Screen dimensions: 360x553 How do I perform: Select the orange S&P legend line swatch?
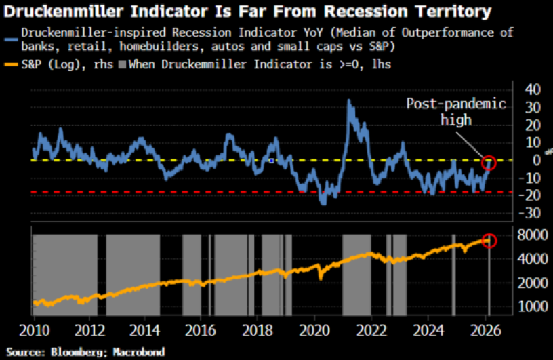(10, 64)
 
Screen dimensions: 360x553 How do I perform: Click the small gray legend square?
(123, 64)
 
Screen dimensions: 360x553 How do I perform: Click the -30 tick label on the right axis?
(529, 213)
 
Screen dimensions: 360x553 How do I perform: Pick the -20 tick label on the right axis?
(529, 195)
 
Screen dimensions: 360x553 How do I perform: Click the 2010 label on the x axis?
(34, 332)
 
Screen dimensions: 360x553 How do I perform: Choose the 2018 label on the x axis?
(257, 332)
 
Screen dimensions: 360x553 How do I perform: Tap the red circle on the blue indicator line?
(489, 163)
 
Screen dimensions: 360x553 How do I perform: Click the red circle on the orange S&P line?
(489, 241)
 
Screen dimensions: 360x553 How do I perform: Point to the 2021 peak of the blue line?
(349, 101)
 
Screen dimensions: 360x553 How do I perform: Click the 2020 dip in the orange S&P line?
(320, 277)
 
